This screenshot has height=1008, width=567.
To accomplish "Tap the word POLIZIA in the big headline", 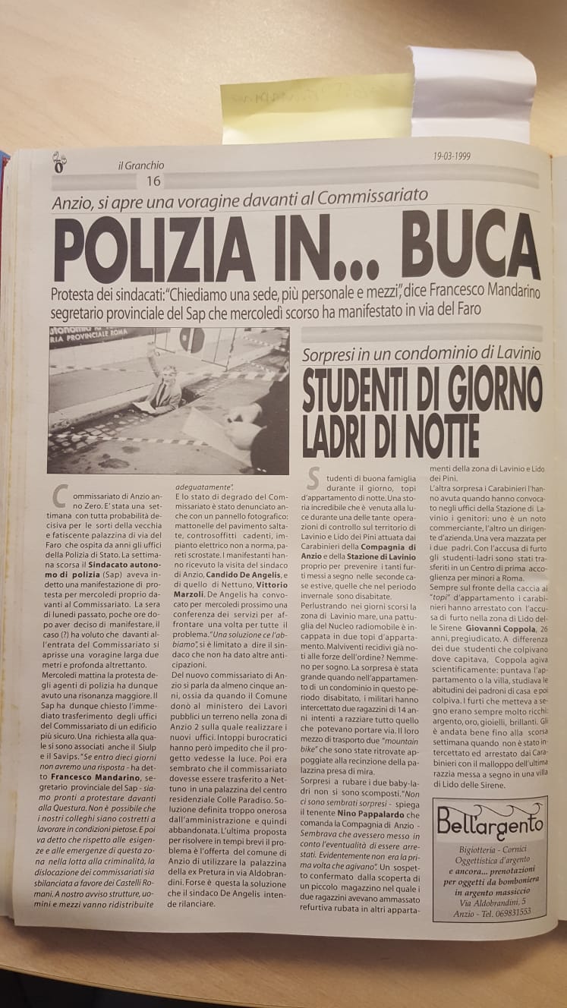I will point(144,250).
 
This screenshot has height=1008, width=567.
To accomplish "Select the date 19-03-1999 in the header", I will point(452,157).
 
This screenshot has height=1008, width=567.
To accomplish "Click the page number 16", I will point(153,181).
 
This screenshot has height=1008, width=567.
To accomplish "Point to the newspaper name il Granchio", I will point(141,165).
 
